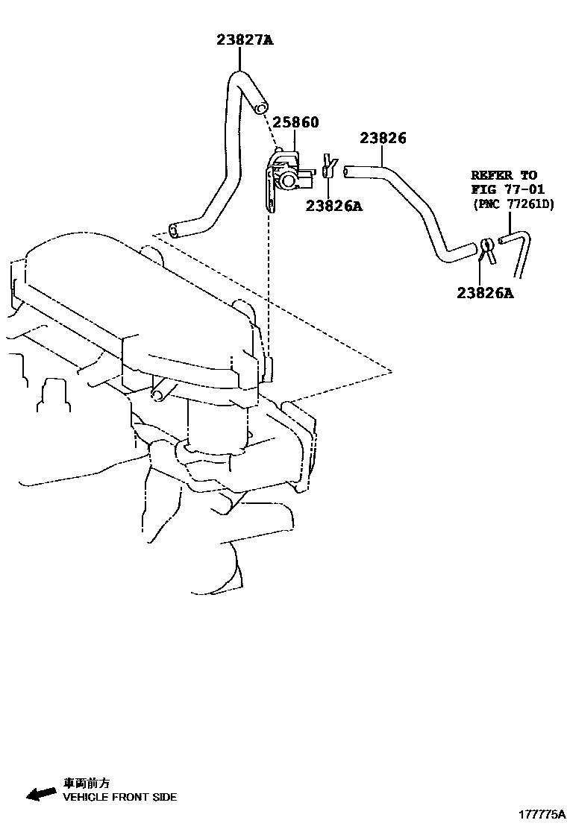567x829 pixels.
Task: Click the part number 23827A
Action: pos(245,40)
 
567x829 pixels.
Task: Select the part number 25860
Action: pos(295,122)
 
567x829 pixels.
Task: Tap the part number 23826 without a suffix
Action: pos(383,138)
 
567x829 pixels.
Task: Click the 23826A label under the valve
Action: pos(333,206)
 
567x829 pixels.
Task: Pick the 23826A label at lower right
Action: pos(485,293)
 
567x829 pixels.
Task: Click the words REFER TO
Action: pos(504,176)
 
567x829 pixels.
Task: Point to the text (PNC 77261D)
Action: pos(513,204)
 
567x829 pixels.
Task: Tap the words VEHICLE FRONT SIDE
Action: pos(119,797)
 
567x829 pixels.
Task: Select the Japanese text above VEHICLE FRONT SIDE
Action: pos(86,783)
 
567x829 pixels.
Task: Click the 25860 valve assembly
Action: pos(286,176)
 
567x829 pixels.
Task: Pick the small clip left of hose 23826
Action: pos(329,167)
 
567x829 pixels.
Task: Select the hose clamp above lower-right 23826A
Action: pos(486,248)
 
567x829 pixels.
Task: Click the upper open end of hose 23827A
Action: pos(260,109)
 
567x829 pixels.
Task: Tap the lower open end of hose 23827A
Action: pos(175,230)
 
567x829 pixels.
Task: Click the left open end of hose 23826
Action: pos(346,172)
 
